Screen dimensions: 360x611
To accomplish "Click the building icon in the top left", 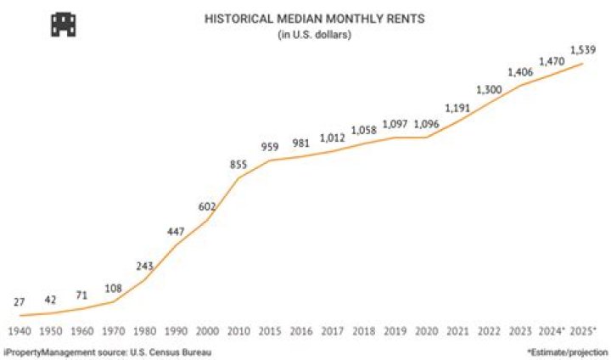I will pyautogui.click(x=64, y=24).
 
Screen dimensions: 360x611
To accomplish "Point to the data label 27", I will pyautogui.click(x=20, y=301).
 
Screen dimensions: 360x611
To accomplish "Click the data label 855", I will pyautogui.click(x=238, y=165).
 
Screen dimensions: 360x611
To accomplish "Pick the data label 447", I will pyautogui.click(x=177, y=232).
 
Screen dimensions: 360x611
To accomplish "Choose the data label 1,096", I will pyautogui.click(x=426, y=125).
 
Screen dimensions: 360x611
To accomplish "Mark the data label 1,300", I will pyautogui.click(x=488, y=89).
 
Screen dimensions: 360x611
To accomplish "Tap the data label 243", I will pyautogui.click(x=144, y=266).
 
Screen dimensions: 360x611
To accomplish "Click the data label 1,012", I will pyautogui.click(x=332, y=138).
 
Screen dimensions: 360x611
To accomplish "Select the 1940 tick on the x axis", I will pyautogui.click(x=20, y=329).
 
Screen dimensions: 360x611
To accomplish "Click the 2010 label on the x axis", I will pyautogui.click(x=238, y=329).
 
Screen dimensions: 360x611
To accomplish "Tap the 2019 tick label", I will pyautogui.click(x=395, y=329).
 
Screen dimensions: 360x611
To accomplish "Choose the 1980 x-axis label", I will pyautogui.click(x=144, y=329).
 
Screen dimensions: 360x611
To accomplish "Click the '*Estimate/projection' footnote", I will pyautogui.click(x=568, y=351).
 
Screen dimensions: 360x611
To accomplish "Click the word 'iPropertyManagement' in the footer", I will pyautogui.click(x=48, y=351).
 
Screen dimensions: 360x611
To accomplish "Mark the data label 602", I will pyautogui.click(x=208, y=205).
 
